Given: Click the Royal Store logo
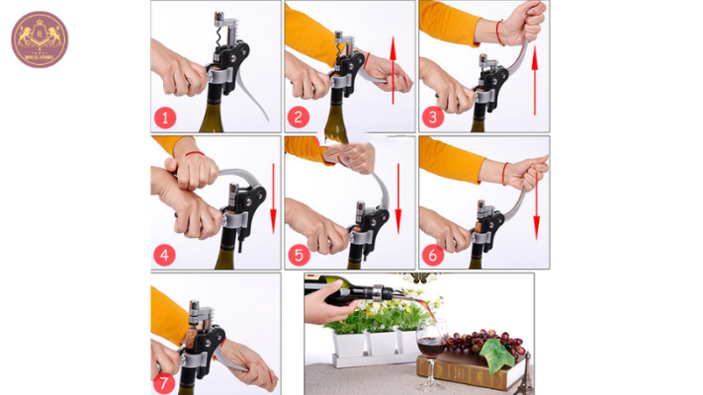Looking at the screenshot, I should pyautogui.click(x=39, y=39).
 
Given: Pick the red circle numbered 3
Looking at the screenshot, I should pyautogui.click(x=433, y=118).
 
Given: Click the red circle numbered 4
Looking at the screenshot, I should pyautogui.click(x=165, y=255).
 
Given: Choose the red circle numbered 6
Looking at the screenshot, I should pyautogui.click(x=433, y=255).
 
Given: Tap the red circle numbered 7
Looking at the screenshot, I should pyautogui.click(x=165, y=381).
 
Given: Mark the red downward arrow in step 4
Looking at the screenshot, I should pyautogui.click(x=274, y=197).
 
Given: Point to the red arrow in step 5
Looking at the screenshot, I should pyautogui.click(x=398, y=197).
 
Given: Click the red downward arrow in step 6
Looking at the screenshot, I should pyautogui.click(x=536, y=202).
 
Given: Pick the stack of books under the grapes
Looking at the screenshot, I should pyautogui.click(x=470, y=369).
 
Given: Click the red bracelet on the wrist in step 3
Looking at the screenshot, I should pyautogui.click(x=501, y=33).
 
